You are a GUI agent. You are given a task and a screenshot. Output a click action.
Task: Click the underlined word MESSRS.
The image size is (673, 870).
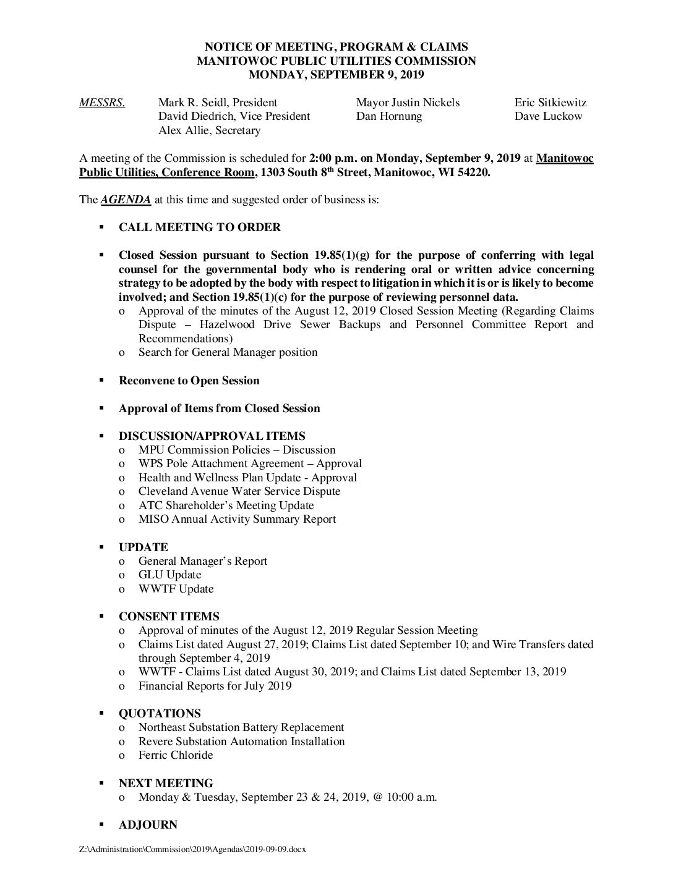pos(102,103)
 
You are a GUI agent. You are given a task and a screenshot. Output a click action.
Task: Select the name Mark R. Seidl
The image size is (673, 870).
pos(192,103)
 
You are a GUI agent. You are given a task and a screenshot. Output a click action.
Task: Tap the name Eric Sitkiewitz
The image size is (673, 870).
pos(550,103)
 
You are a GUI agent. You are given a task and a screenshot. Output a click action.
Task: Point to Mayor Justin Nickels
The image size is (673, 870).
pos(408,103)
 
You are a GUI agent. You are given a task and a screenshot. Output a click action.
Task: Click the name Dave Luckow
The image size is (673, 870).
pos(548,116)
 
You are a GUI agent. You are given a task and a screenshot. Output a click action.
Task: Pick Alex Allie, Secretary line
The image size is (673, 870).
pos(209,130)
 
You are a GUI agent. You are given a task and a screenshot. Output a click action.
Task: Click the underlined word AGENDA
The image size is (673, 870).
pos(126,200)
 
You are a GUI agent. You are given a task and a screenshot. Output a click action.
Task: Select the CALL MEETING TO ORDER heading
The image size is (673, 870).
pos(199,227)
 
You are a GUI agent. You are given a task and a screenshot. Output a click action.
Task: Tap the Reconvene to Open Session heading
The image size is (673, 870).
pos(189,381)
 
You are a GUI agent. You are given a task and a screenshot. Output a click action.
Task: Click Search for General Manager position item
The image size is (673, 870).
pos(228,352)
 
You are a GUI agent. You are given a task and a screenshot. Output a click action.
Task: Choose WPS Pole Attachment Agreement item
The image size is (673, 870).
pos(250,463)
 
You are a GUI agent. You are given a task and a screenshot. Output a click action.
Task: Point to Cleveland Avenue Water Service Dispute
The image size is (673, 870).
pos(239,491)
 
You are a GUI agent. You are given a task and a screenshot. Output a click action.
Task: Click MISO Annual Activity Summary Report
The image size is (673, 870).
pos(237,519)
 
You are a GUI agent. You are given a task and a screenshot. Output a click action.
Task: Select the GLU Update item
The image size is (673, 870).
pos(169,575)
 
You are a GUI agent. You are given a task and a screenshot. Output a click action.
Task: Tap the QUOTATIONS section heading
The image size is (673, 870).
pos(160,714)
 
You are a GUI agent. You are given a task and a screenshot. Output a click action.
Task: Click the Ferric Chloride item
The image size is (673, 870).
pos(175,755)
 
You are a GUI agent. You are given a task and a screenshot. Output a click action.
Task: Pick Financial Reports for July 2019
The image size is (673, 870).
pos(215,686)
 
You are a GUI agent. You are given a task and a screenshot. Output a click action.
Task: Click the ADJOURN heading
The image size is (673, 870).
pos(148,825)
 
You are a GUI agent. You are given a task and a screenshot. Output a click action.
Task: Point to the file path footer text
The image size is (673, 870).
pos(192,850)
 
